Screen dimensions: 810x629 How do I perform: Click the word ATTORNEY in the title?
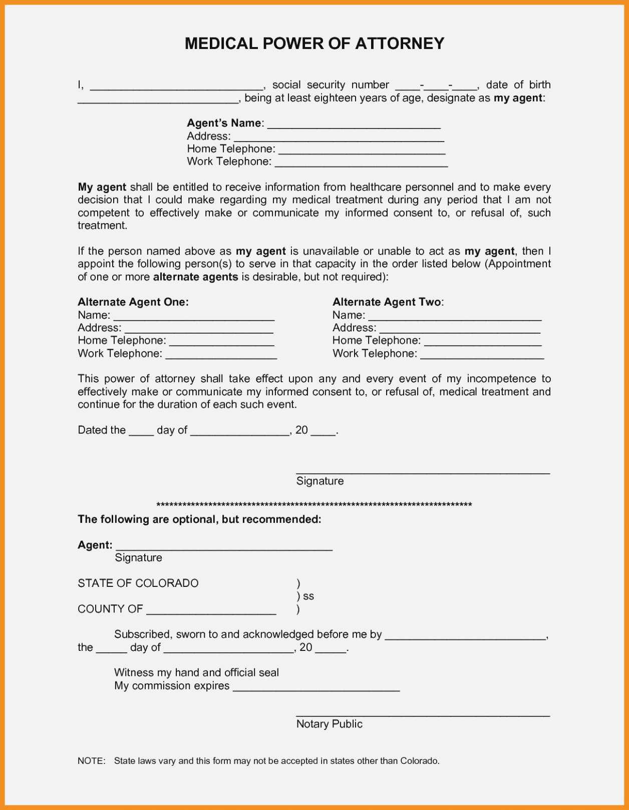(x=400, y=44)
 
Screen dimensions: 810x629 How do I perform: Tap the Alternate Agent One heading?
(x=133, y=302)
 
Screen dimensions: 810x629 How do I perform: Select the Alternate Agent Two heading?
(x=388, y=302)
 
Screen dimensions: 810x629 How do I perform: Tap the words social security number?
(x=331, y=85)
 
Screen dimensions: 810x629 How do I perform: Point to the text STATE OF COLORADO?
(x=138, y=583)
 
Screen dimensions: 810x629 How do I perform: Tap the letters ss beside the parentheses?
(x=308, y=596)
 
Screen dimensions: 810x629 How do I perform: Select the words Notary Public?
(x=329, y=724)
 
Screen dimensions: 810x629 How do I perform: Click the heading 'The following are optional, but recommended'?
(x=199, y=519)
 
